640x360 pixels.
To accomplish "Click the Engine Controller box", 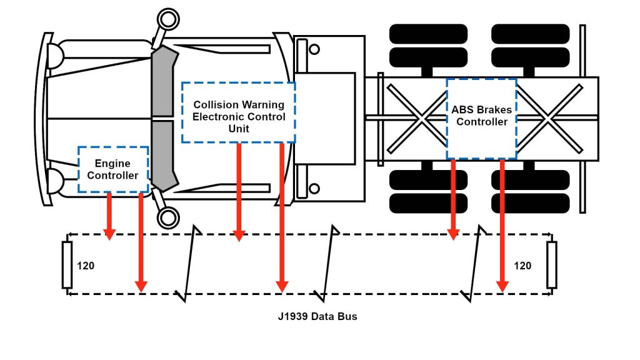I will click(112, 169).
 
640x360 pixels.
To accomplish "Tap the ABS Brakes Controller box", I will click(481, 118).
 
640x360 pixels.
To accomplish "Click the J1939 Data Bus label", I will click(317, 316).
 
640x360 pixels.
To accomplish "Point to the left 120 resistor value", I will click(86, 266).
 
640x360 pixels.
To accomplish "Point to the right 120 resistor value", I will click(522, 266).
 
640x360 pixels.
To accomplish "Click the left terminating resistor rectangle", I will click(67, 265).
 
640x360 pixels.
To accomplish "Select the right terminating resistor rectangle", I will click(551, 265).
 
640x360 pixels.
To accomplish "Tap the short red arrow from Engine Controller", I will click(109, 216).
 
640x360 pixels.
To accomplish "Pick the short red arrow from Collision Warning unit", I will click(238, 191).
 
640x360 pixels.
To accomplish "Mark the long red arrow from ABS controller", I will click(501, 225).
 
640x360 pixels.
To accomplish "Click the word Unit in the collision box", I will click(238, 129).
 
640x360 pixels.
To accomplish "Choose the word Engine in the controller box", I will click(112, 164).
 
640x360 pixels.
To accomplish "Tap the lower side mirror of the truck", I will click(167, 217).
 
